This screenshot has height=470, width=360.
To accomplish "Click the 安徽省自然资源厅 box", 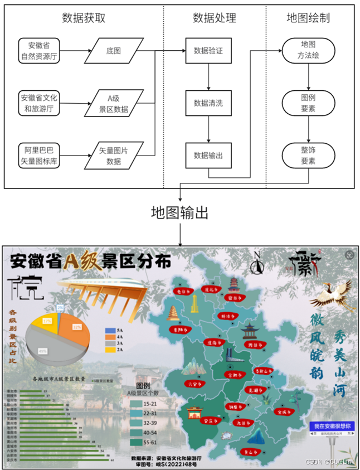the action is point(40,50).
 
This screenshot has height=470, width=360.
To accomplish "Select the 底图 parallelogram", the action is point(114,51).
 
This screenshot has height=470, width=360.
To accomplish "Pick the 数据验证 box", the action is point(208,51).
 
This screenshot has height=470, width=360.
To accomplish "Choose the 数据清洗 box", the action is point(208,103).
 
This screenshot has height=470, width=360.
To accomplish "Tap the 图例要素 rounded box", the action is point(308,103).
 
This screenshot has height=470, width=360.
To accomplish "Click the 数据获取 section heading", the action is point(84,18).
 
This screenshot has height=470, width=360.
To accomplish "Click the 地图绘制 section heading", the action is point(308,18).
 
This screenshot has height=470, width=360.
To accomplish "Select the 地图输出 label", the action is point(180,213).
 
